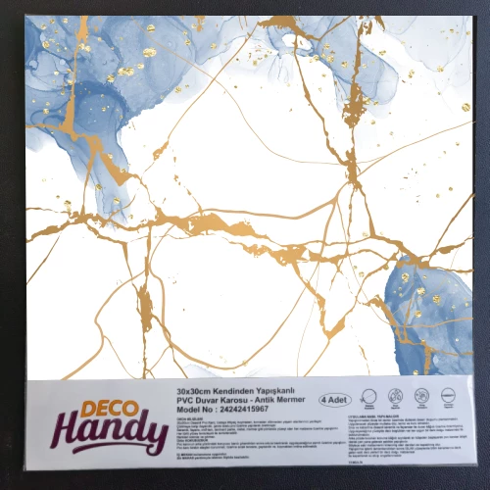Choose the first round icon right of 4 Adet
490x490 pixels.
(x=368, y=397)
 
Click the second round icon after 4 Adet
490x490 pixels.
(x=395, y=397)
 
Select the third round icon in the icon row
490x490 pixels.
(x=420, y=397)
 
